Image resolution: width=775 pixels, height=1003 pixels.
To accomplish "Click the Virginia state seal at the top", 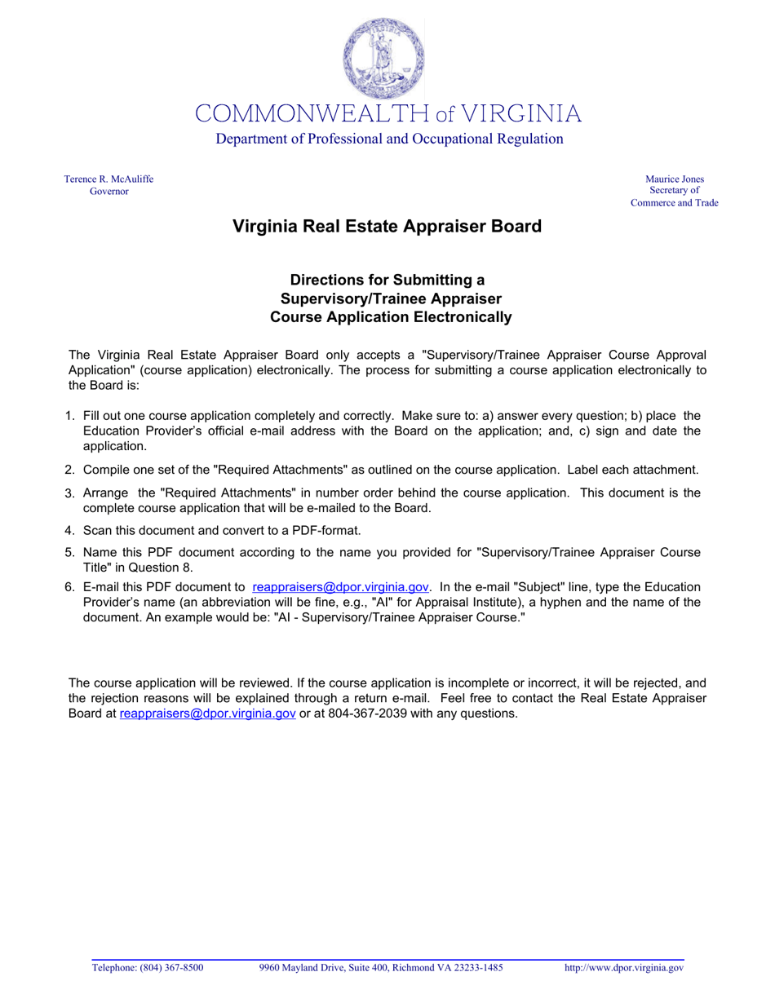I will click(383, 59).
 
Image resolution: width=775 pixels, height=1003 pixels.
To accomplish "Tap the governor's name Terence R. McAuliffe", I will click(108, 179).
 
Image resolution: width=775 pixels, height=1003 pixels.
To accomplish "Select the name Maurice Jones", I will click(674, 179).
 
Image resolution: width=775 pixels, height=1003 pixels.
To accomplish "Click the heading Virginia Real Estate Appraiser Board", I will click(387, 226).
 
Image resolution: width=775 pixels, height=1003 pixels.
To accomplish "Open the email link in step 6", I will click(340, 587).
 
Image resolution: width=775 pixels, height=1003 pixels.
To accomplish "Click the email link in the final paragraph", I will click(207, 714).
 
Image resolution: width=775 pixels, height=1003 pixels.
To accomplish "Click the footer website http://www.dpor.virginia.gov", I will click(624, 968).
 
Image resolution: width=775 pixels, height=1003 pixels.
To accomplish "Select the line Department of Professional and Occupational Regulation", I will click(389, 139).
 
